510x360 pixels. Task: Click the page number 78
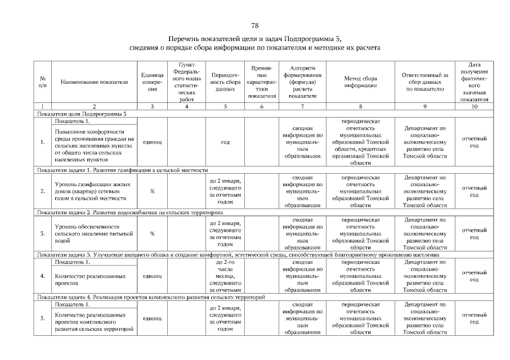coord(254,26)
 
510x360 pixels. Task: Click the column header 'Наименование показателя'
coord(95,82)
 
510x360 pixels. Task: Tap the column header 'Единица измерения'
coord(152,82)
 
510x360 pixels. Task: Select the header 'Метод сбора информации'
coord(360,82)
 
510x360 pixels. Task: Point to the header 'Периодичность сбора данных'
coord(225,82)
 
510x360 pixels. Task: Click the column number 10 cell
coord(474,106)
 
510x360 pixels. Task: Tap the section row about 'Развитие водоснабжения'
coord(130,213)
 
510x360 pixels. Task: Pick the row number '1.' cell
coord(43,142)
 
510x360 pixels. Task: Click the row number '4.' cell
coord(43,276)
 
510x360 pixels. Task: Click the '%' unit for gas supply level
coord(152,191)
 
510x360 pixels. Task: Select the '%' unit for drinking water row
coord(152,233)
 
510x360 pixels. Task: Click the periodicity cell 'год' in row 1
coord(225,142)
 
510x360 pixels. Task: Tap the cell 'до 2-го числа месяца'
coord(225,276)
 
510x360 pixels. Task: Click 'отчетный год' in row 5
coord(474,318)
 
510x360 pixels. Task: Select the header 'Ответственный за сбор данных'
coord(425,82)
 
